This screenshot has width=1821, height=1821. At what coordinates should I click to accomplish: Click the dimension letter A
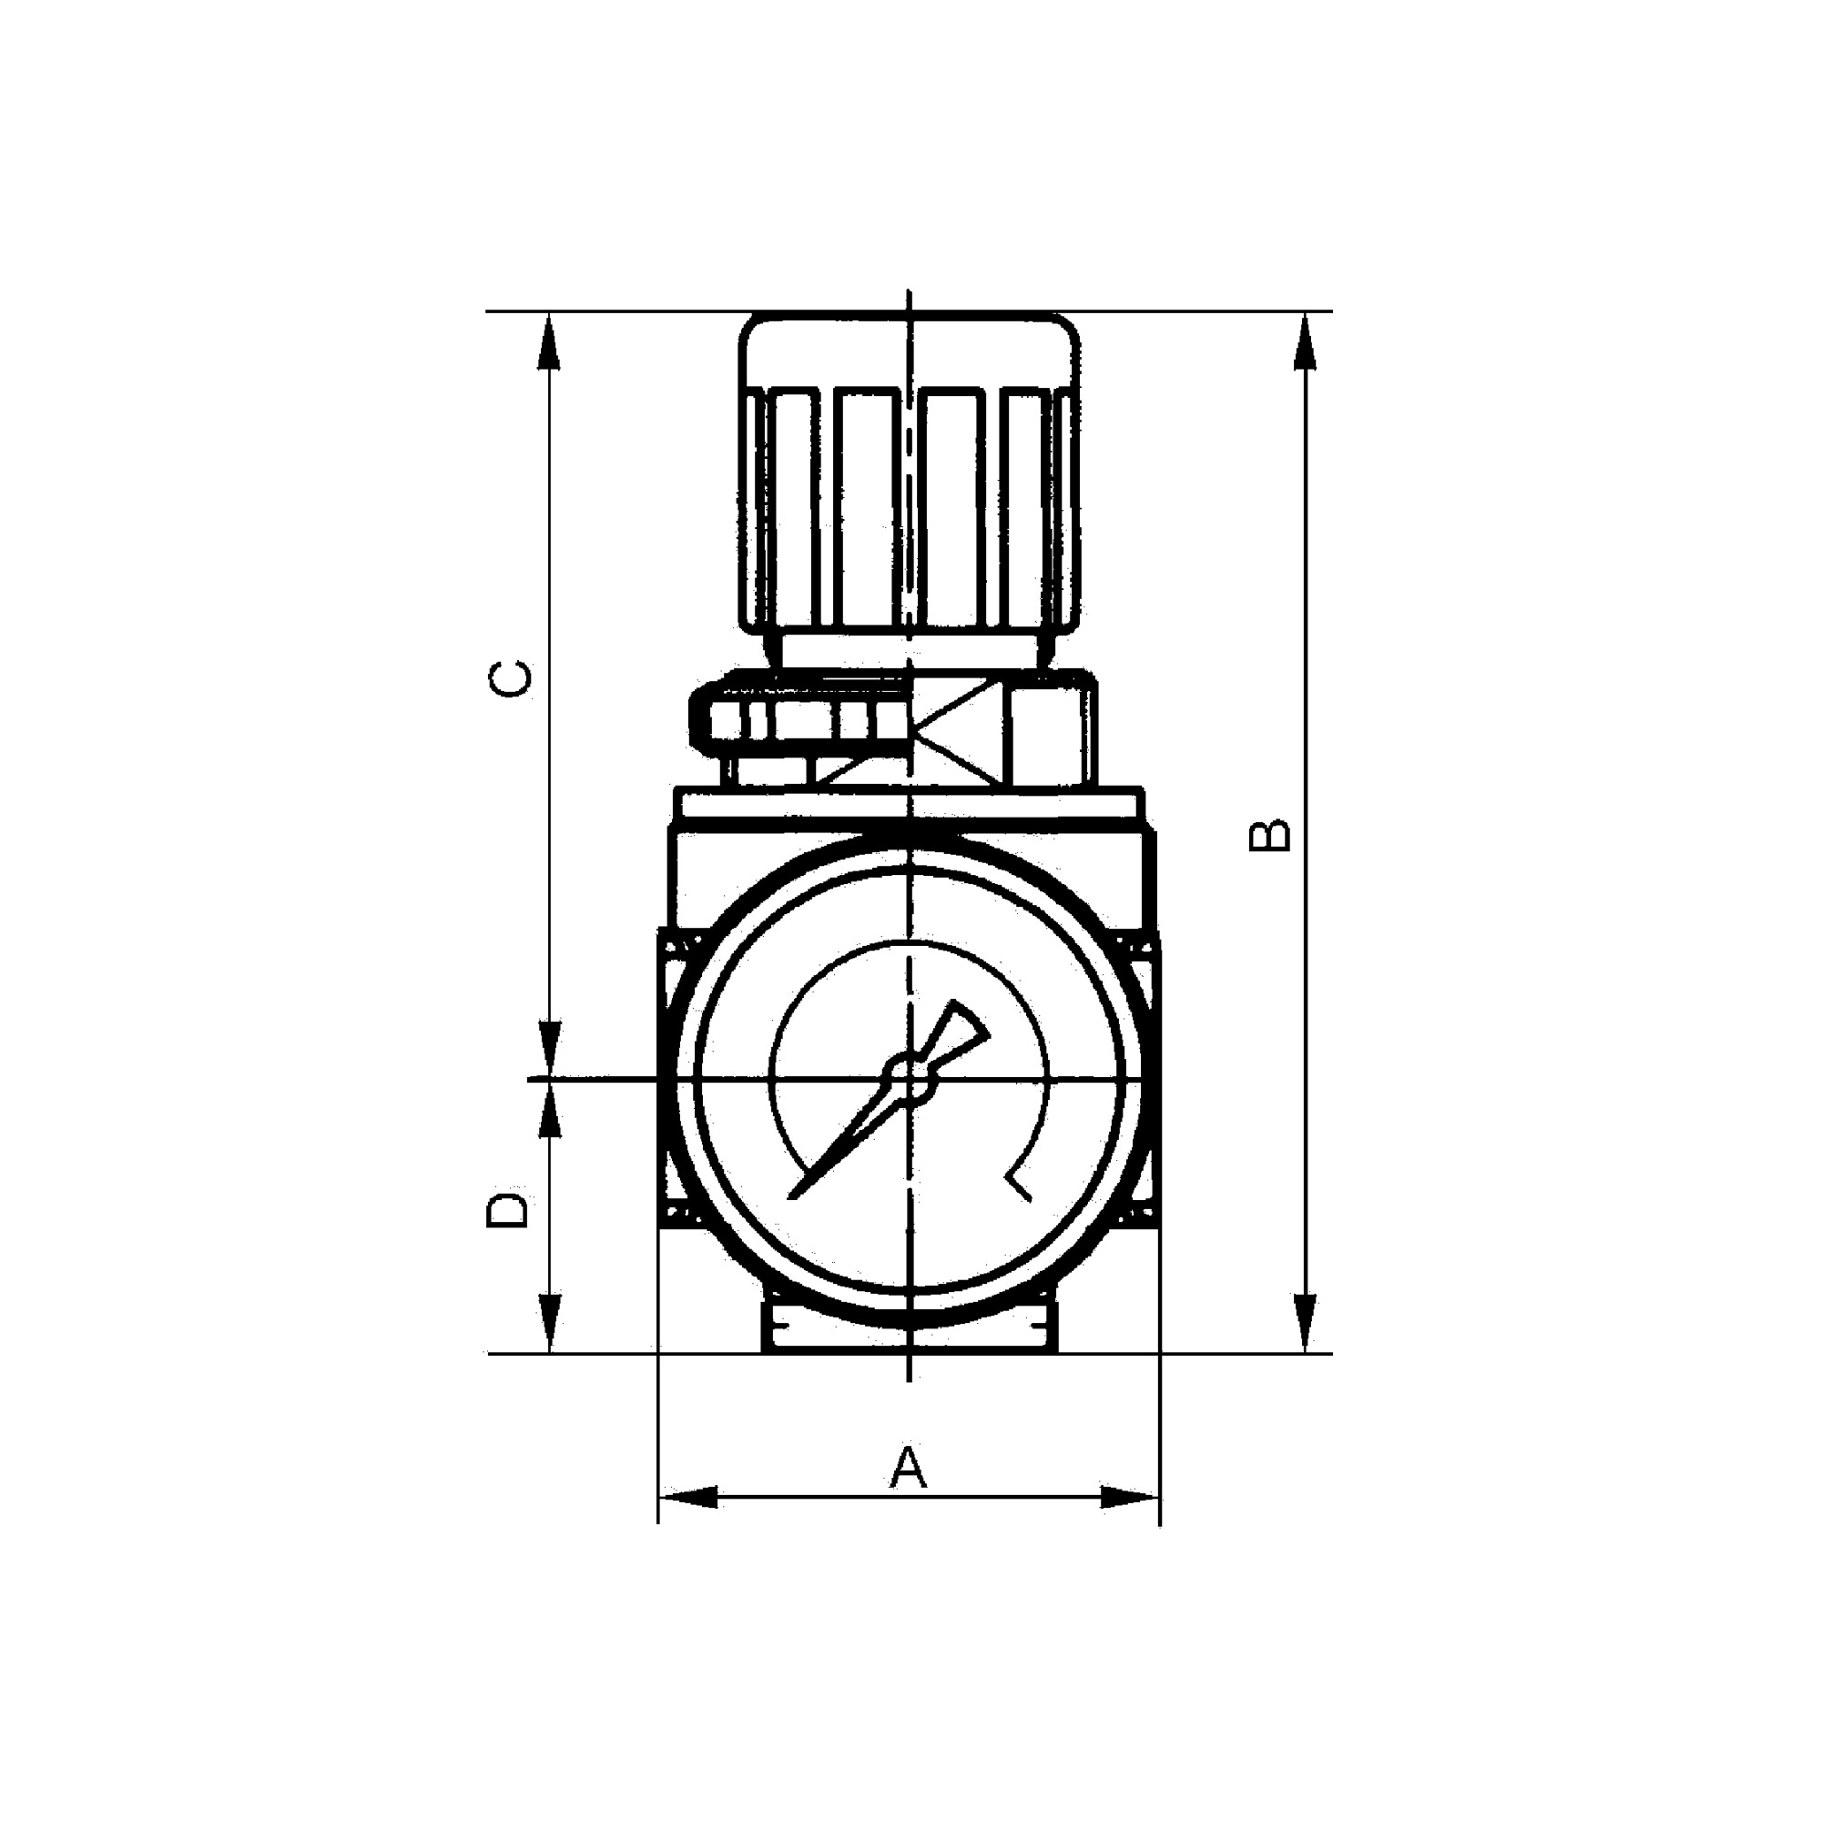(908, 1469)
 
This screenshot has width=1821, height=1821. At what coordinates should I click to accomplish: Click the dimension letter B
(1268, 835)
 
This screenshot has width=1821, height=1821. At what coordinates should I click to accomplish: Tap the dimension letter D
(506, 1210)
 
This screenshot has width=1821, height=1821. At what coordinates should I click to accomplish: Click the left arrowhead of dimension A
(688, 1497)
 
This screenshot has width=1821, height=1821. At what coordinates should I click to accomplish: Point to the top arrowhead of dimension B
(1305, 341)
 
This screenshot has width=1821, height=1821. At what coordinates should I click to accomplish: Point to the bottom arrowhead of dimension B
(1305, 1324)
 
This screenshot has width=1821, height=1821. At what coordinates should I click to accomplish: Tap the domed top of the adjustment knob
(910, 349)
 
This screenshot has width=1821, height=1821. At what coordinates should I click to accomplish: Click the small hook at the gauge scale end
(1018, 1185)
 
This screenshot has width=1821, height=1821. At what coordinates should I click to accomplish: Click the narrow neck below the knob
(910, 652)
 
